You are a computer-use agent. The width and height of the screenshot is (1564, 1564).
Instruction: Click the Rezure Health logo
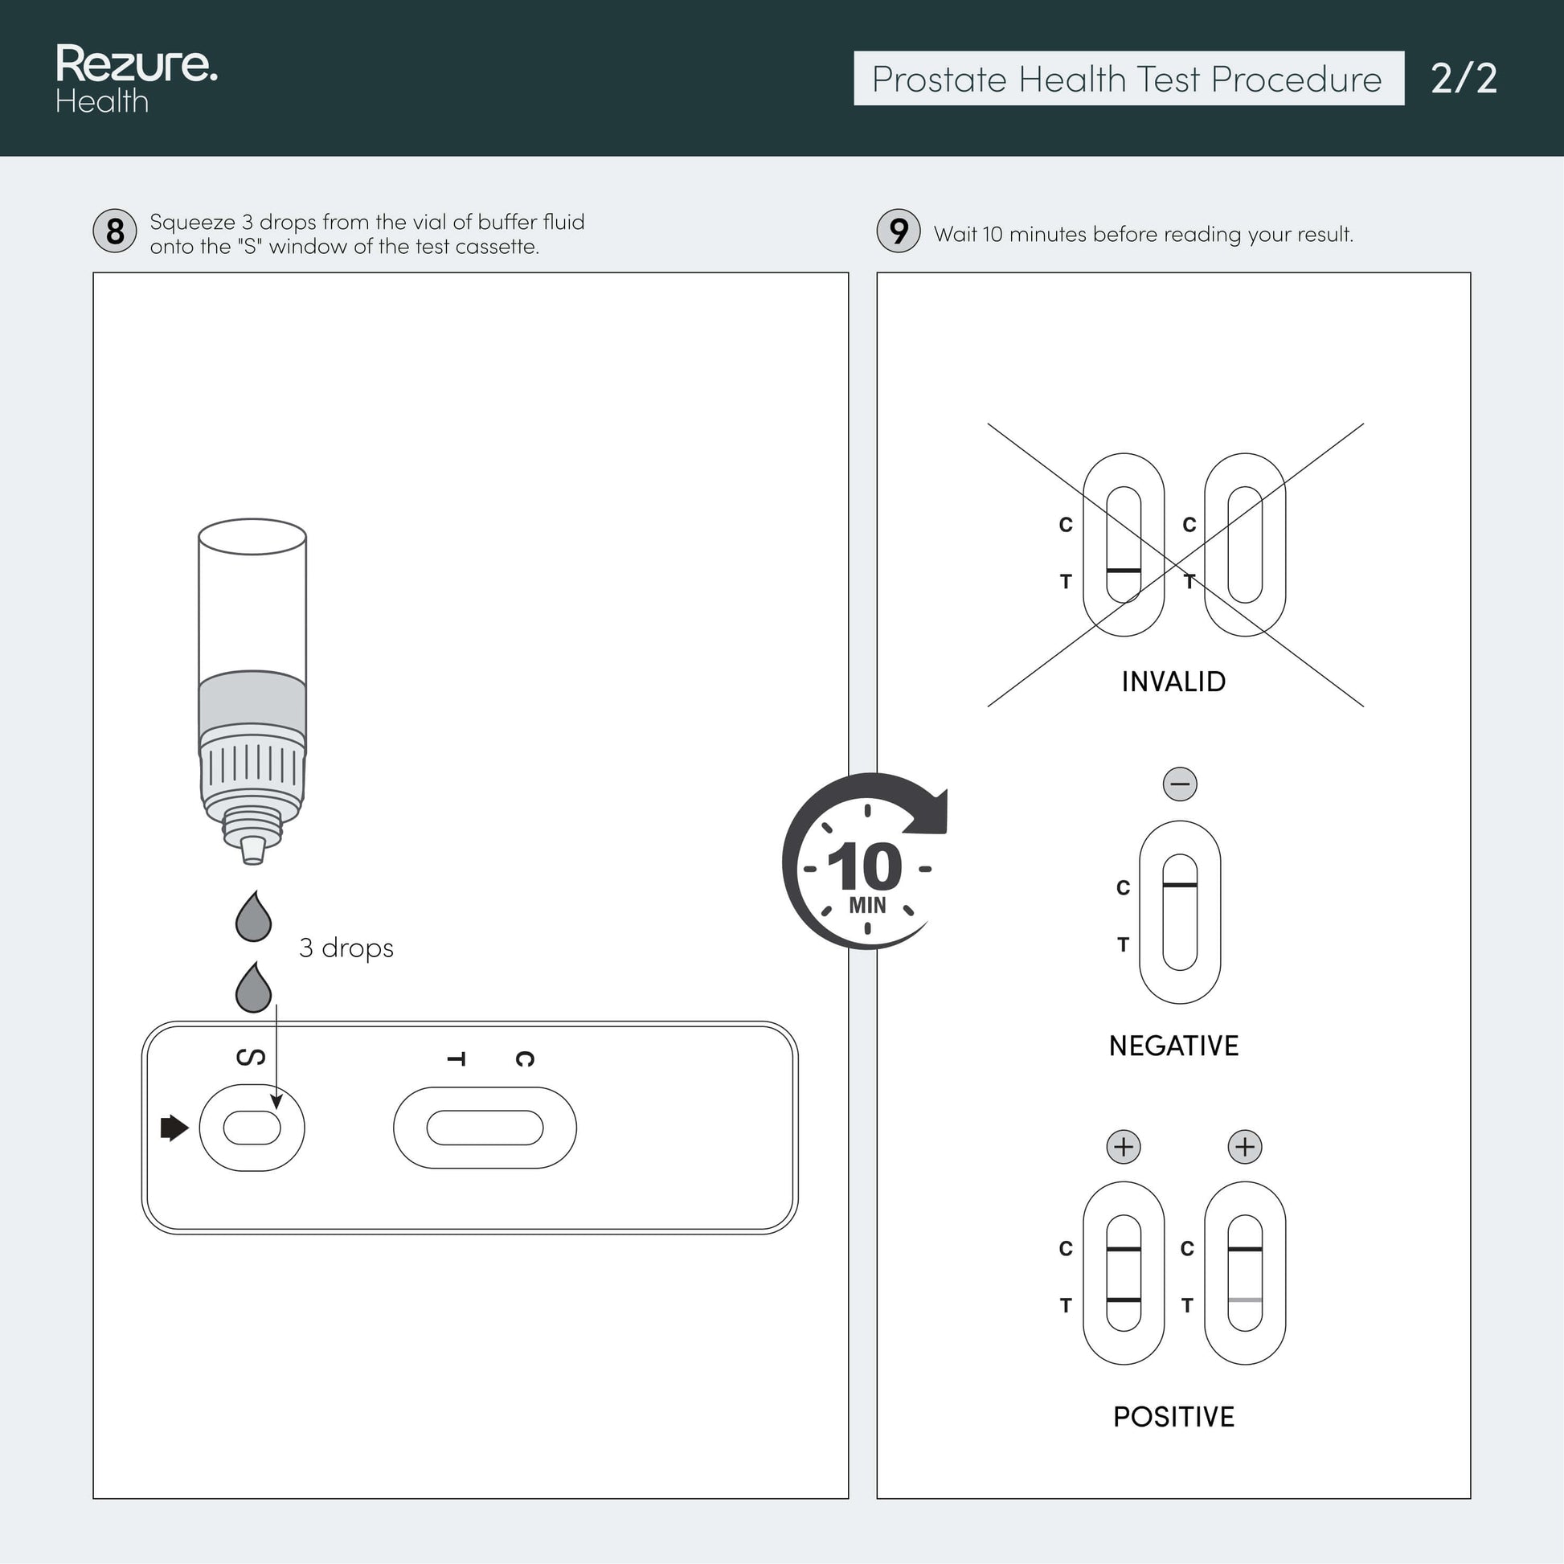(136, 79)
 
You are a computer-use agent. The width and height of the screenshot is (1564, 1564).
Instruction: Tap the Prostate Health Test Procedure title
(1127, 80)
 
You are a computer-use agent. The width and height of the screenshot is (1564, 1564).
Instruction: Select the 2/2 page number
(1464, 79)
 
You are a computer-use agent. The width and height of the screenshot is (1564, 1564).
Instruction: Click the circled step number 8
(115, 231)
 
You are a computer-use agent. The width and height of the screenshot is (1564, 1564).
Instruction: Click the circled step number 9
(899, 231)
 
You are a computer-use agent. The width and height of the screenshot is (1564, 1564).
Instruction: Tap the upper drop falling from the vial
(253, 916)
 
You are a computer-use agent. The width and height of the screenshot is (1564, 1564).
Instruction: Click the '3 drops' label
(346, 947)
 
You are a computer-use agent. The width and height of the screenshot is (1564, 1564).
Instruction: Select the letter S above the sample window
(250, 1057)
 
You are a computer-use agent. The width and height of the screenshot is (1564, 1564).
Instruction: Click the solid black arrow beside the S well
(175, 1128)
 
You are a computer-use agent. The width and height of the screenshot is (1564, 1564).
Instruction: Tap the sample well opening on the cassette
(252, 1128)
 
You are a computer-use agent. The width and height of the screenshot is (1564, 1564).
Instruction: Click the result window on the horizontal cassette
(485, 1128)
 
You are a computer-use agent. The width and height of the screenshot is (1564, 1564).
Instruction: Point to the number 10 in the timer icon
(865, 867)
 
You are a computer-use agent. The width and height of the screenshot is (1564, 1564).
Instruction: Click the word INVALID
(1174, 682)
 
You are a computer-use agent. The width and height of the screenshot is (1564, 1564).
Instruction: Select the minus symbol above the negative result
(1181, 784)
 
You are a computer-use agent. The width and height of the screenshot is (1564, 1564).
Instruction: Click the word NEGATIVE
(1174, 1045)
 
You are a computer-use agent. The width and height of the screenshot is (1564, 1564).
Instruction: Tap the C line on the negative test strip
(1181, 885)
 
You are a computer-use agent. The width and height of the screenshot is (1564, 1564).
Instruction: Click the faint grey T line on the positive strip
(1245, 1300)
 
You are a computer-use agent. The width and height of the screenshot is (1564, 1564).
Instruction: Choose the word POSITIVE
(1174, 1417)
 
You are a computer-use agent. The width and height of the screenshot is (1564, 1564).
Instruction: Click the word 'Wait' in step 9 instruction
(956, 234)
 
